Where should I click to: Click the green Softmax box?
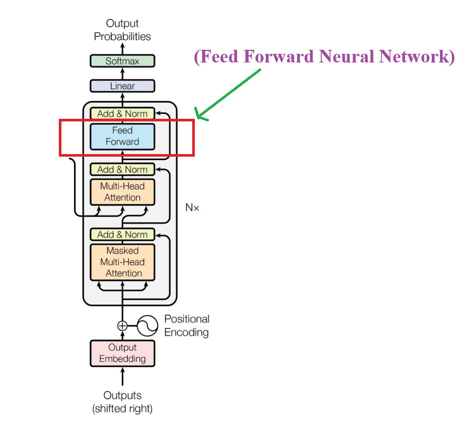[x=122, y=61]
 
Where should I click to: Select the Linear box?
[x=122, y=86]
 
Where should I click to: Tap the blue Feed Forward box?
[x=122, y=136]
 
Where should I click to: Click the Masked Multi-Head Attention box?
[x=122, y=262]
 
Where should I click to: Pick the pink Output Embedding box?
[x=122, y=353]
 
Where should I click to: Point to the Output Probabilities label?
[x=122, y=30]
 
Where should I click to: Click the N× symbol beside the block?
[x=192, y=207]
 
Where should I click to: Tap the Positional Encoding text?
[x=186, y=325]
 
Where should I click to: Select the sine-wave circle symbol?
[x=147, y=326]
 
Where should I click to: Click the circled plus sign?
[x=122, y=325]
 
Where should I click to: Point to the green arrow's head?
[x=198, y=118]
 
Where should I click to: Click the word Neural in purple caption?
[x=348, y=56]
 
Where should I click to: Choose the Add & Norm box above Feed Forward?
[x=122, y=113]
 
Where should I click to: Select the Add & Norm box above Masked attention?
[x=122, y=234]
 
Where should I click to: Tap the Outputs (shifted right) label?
[x=122, y=401]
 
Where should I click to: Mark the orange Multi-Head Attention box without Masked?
[x=122, y=191]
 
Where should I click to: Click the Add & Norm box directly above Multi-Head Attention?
[x=122, y=169]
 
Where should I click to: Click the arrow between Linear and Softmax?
[x=122, y=74]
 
